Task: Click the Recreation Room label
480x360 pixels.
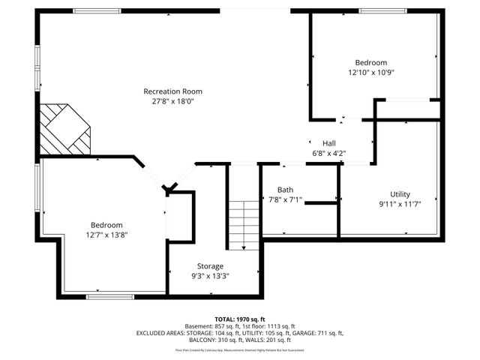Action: tap(173, 91)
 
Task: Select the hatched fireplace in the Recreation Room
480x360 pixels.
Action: tap(64, 127)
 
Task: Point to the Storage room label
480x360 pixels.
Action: tap(210, 265)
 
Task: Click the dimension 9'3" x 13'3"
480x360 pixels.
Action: tap(210, 275)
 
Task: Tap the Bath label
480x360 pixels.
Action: tap(285, 189)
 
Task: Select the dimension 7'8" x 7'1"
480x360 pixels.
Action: tap(285, 199)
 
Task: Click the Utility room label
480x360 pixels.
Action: tap(400, 193)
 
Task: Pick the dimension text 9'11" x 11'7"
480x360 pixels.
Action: tap(400, 204)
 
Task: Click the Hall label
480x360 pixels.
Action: tap(329, 143)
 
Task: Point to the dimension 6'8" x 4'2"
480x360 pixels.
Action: tap(329, 153)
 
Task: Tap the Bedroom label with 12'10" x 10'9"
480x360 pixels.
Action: tap(371, 62)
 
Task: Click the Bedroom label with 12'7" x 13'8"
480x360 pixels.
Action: tap(106, 225)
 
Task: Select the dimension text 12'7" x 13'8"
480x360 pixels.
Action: tap(106, 235)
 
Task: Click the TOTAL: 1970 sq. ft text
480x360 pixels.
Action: tap(240, 319)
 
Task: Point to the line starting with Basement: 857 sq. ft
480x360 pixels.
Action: tap(240, 325)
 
